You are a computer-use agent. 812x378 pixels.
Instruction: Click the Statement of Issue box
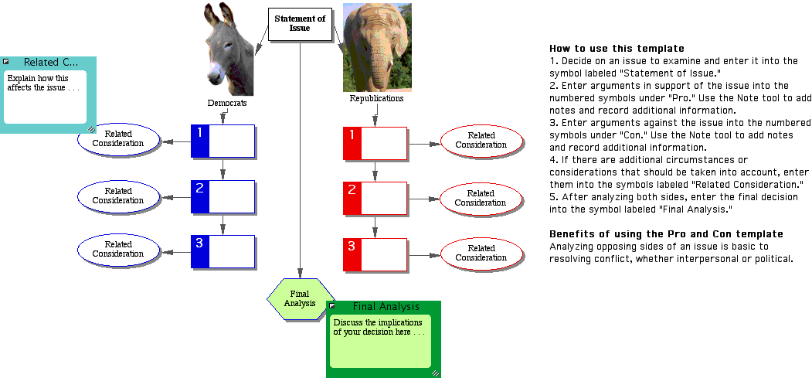click(x=300, y=23)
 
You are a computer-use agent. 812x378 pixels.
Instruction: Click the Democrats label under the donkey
click(x=226, y=103)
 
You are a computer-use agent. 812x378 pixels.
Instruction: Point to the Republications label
click(x=376, y=99)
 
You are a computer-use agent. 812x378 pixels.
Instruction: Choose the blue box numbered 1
click(x=223, y=140)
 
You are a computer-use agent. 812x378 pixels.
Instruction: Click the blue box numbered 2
click(x=223, y=196)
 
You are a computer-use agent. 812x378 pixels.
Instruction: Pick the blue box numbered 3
click(x=223, y=250)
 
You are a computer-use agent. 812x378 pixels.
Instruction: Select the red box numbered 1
click(x=375, y=143)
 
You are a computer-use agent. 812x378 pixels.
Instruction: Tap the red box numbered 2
click(x=375, y=199)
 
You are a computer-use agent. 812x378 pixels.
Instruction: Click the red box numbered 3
click(x=375, y=254)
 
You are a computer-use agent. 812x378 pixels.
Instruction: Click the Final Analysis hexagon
click(x=300, y=298)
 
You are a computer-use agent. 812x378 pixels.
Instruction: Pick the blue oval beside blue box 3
click(x=118, y=250)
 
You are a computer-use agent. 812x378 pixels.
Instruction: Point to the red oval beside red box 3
click(x=481, y=253)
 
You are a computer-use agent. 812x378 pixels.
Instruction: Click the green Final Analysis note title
click(x=386, y=307)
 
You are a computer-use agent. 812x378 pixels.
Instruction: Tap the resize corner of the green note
click(x=435, y=373)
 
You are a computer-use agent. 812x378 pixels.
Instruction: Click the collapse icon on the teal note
click(x=6, y=62)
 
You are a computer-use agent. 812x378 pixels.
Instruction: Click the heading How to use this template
click(x=606, y=48)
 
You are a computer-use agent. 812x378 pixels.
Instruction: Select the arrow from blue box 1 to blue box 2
click(x=223, y=168)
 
